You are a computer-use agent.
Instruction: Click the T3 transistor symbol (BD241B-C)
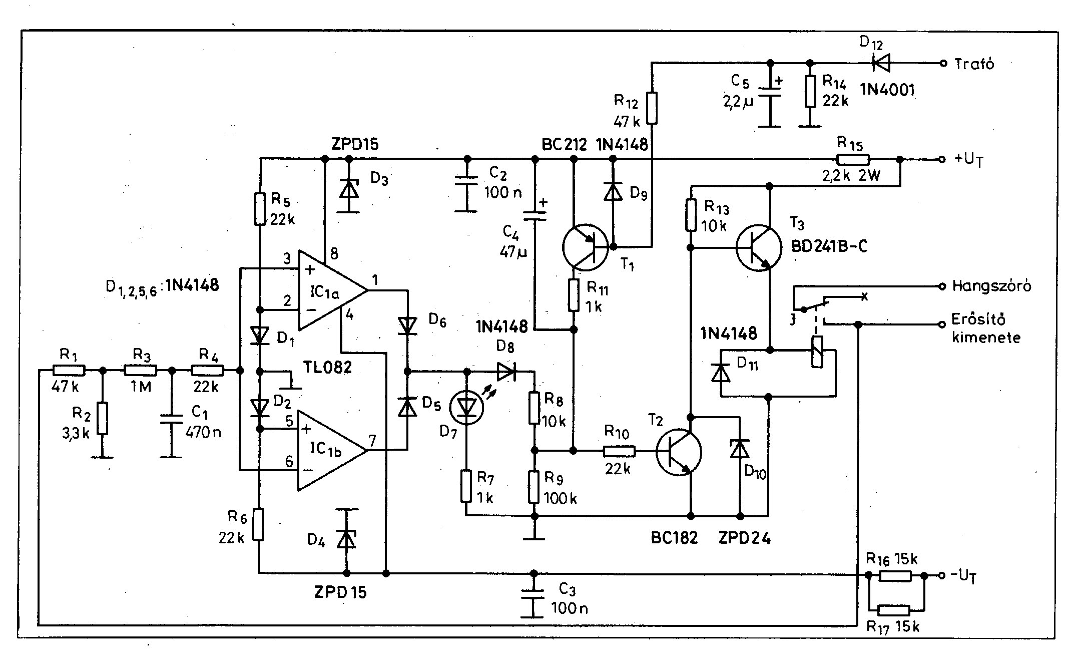[759, 248]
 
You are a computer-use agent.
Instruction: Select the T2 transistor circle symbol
[679, 453]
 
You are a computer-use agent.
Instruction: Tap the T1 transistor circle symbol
[585, 247]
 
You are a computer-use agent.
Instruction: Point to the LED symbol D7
[466, 407]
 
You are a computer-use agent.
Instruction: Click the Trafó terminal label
[974, 63]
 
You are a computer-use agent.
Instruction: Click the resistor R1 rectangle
[69, 371]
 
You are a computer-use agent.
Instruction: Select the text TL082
[327, 368]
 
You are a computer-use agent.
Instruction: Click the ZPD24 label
[744, 538]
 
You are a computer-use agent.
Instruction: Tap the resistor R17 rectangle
[894, 610]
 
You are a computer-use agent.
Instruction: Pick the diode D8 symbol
[506, 372]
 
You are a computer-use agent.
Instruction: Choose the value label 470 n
[203, 432]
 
